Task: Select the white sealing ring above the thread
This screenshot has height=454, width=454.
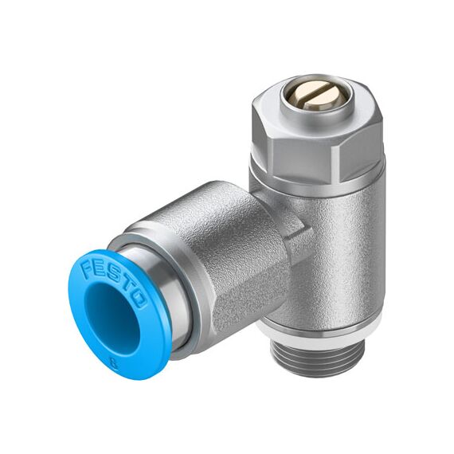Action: tap(319, 333)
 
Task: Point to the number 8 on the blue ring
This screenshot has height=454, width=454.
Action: tap(115, 362)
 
